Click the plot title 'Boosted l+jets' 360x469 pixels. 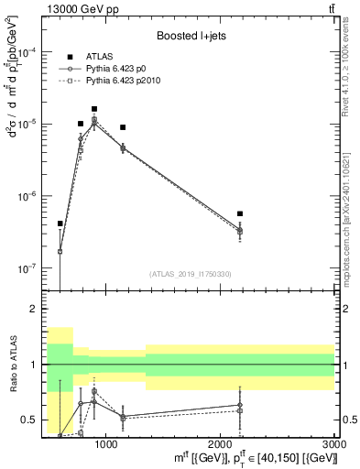tap(189, 37)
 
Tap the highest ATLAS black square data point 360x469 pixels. tap(94, 109)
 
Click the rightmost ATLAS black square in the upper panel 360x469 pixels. tap(240, 213)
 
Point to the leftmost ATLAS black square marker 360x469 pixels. tap(60, 224)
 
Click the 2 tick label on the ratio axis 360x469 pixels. tap(36, 310)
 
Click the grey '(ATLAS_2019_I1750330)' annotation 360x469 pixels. tap(190, 274)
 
